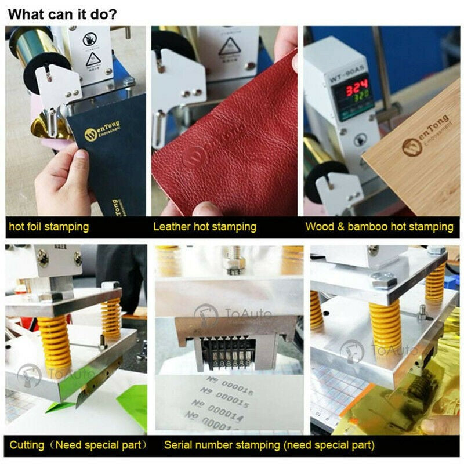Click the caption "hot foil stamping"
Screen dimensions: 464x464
[x=49, y=226]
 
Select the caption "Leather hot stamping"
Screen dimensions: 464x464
[x=205, y=226]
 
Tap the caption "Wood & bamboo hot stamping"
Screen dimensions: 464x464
[x=379, y=226]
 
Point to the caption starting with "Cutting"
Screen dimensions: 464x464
[x=78, y=445]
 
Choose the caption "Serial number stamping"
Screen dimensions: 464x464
[x=269, y=445]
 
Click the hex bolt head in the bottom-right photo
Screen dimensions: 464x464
[x=383, y=282]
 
